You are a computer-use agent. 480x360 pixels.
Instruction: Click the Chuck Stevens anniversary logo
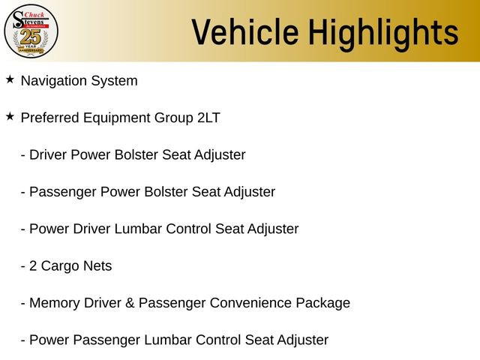pos(31,31)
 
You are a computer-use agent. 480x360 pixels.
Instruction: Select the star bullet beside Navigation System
pos(10,79)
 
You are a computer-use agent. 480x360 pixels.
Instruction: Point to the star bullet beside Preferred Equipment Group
pos(10,116)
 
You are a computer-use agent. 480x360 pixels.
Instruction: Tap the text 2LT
pos(208,118)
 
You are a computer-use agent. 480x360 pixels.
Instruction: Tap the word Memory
pos(54,303)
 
